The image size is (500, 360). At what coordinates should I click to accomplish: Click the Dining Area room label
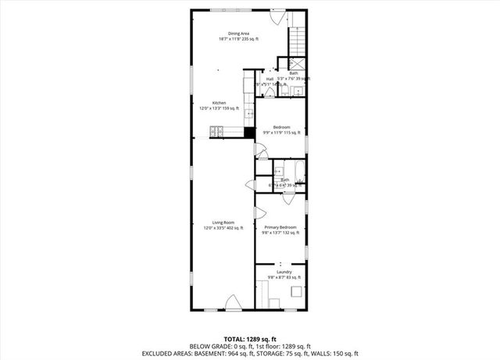238,33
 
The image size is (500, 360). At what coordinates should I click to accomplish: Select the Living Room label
223,223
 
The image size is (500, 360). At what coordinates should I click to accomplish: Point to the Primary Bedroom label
280,226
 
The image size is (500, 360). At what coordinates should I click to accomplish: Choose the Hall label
270,78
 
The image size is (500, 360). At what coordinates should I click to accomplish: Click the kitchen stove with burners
216,130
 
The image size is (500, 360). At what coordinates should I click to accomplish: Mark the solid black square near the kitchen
250,131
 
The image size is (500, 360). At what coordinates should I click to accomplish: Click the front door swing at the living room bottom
233,303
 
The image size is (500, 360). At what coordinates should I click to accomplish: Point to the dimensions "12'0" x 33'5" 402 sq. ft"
223,228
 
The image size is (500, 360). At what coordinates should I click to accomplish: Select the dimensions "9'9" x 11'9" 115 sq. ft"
281,133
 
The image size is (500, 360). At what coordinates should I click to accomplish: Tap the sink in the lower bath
279,173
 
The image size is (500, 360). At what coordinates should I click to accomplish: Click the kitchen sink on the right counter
250,114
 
